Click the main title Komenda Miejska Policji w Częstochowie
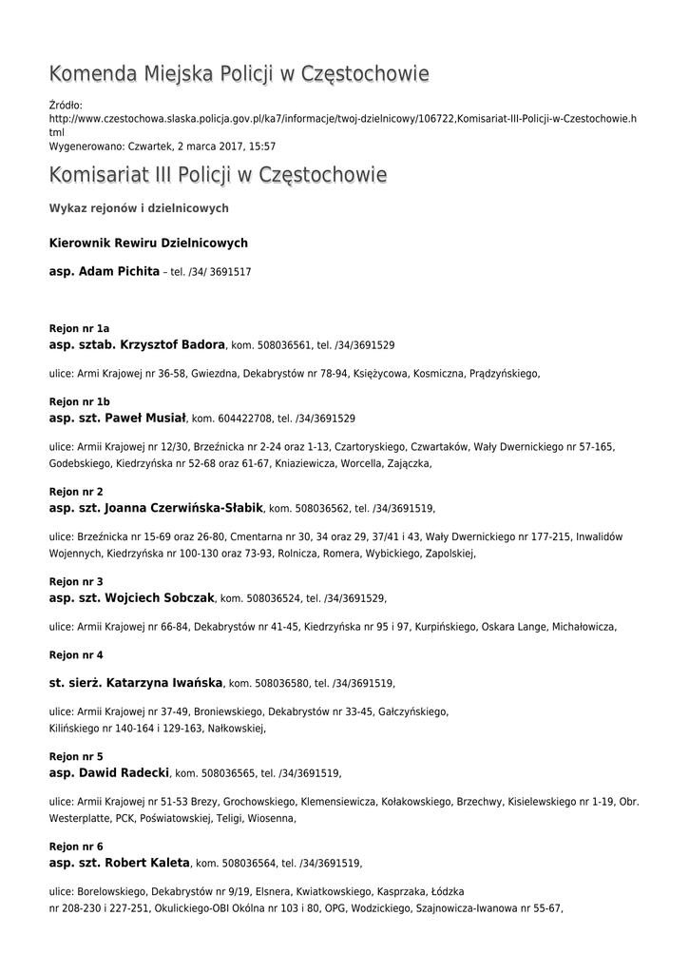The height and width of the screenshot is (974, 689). pyautogui.click(x=239, y=74)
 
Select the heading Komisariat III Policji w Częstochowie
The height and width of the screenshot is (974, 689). pyautogui.click(x=218, y=176)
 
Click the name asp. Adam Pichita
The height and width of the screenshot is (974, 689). pyautogui.click(x=104, y=272)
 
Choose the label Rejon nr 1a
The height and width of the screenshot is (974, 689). pyautogui.click(x=79, y=328)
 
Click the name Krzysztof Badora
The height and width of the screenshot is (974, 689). pyautogui.click(x=169, y=344)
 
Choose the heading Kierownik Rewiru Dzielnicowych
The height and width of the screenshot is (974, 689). pyautogui.click(x=147, y=243)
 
